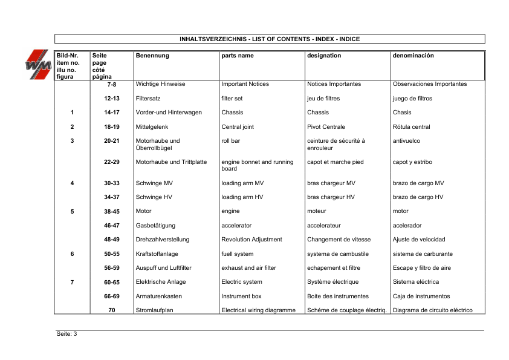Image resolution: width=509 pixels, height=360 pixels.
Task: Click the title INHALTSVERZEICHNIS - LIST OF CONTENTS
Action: (x=270, y=39)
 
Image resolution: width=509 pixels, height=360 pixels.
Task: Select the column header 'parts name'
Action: (x=238, y=56)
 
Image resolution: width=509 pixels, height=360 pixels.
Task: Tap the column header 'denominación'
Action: (x=413, y=56)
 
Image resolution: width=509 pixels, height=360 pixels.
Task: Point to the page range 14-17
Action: (x=112, y=113)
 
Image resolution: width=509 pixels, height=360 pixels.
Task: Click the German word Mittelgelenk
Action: (x=152, y=127)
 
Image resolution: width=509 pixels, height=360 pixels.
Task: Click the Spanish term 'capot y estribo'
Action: (x=413, y=162)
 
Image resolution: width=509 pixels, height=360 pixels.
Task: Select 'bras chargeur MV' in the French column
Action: (x=331, y=183)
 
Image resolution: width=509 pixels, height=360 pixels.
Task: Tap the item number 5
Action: (x=72, y=211)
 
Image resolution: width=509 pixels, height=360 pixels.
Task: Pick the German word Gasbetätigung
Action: (x=155, y=226)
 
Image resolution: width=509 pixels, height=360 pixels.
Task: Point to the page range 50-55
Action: (x=112, y=254)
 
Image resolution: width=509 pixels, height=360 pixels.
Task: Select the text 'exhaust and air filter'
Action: (x=249, y=268)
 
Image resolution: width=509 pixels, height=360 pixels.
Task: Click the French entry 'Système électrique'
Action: (x=333, y=282)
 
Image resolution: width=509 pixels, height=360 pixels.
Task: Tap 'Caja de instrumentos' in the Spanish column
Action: (x=421, y=296)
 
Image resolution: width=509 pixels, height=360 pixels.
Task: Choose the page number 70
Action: (x=112, y=310)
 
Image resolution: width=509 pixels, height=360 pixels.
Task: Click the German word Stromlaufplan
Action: (x=155, y=310)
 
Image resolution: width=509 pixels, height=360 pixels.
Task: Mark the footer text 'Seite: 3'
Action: (x=66, y=335)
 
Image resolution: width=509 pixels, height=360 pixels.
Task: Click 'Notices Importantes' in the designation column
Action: (x=334, y=84)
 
